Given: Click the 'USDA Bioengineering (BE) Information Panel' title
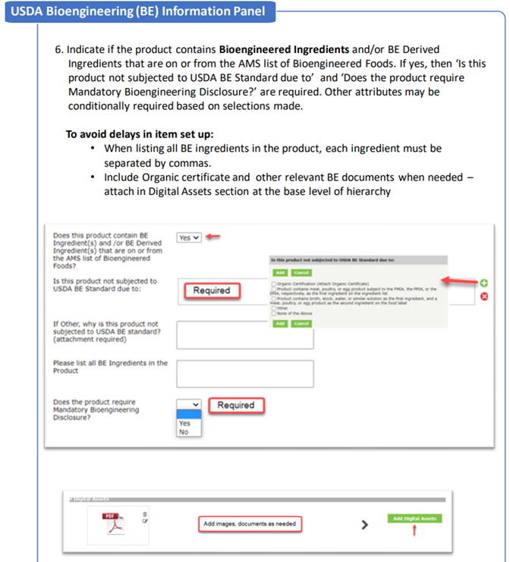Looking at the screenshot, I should click(x=137, y=11).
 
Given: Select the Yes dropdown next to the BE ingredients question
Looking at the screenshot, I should click(x=188, y=237).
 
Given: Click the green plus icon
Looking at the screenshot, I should click(x=484, y=283).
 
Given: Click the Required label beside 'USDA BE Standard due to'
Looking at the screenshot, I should click(x=211, y=290).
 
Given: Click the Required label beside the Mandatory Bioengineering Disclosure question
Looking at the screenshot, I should click(x=235, y=405).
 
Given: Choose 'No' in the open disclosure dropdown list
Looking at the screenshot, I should click(x=184, y=432).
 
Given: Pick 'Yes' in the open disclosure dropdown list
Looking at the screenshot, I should click(x=184, y=422).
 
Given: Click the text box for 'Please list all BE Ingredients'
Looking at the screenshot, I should click(x=244, y=373).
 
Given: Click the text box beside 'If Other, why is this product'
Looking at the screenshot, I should click(x=244, y=334).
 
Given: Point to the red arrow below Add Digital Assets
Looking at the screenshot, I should click(x=414, y=532).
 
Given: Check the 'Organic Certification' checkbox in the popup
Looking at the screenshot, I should click(x=273, y=282).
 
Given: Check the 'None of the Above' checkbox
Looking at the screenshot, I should click(x=273, y=312).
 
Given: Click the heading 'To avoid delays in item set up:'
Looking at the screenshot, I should click(x=140, y=133).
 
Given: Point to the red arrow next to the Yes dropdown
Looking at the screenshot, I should click(x=213, y=237).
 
